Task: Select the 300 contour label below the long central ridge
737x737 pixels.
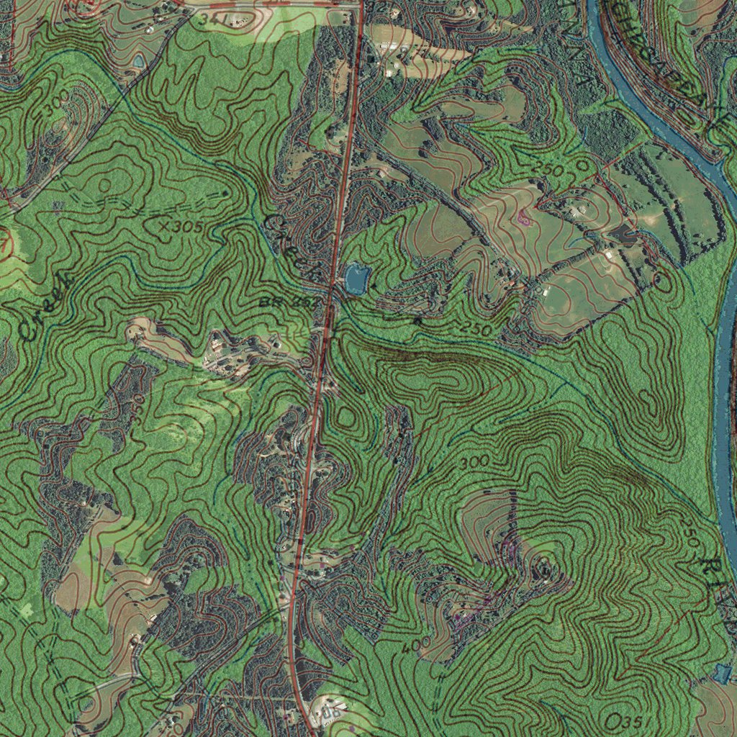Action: coord(476,461)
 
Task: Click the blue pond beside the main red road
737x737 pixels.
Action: coord(357,278)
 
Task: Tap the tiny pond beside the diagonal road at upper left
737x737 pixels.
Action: coord(137,62)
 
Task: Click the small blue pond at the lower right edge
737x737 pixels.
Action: coord(723,673)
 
